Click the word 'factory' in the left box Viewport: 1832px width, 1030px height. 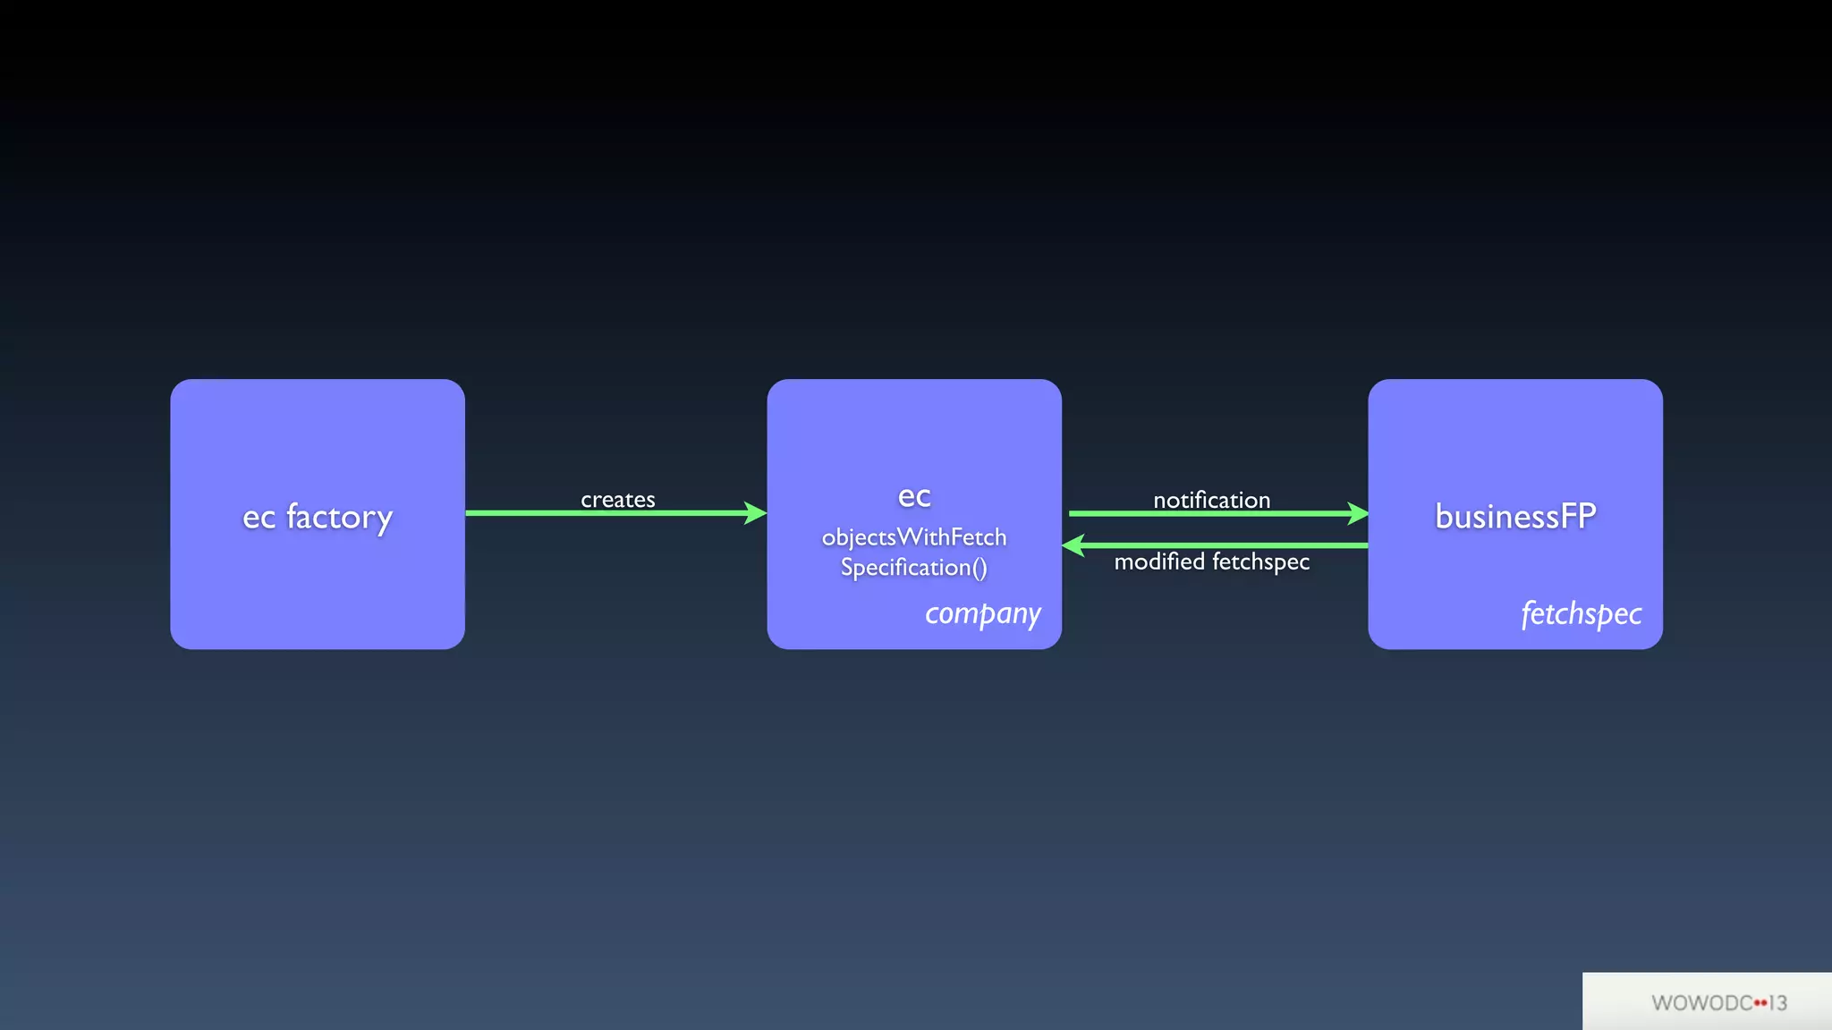[339, 517]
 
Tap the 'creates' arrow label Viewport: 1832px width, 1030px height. [617, 499]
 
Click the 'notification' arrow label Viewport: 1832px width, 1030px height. [1211, 500]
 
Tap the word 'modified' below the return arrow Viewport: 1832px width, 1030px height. [1159, 561]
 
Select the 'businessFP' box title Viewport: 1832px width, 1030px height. [1515, 516]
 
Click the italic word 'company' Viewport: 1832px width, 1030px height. [982, 614]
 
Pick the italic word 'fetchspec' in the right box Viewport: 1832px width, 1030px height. [1581, 614]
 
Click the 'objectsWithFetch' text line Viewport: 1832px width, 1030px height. [913, 536]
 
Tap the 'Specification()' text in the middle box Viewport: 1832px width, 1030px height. [913, 568]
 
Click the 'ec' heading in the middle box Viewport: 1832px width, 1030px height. [913, 496]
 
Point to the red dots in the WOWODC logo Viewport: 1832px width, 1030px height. [1760, 1003]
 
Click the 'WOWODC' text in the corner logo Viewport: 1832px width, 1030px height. [1701, 1003]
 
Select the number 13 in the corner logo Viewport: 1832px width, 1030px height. [1777, 1003]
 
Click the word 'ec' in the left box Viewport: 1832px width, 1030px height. [259, 518]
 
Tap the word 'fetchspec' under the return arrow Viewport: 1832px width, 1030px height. [1260, 561]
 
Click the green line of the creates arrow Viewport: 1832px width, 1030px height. [608, 513]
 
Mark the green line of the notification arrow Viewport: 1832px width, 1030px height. [1208, 513]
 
